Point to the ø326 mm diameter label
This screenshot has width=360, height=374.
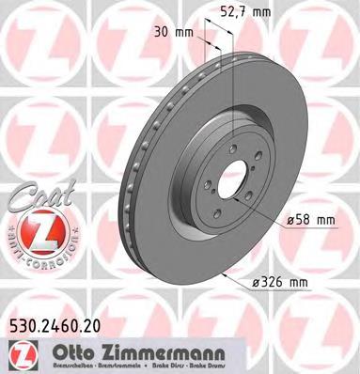308,281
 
